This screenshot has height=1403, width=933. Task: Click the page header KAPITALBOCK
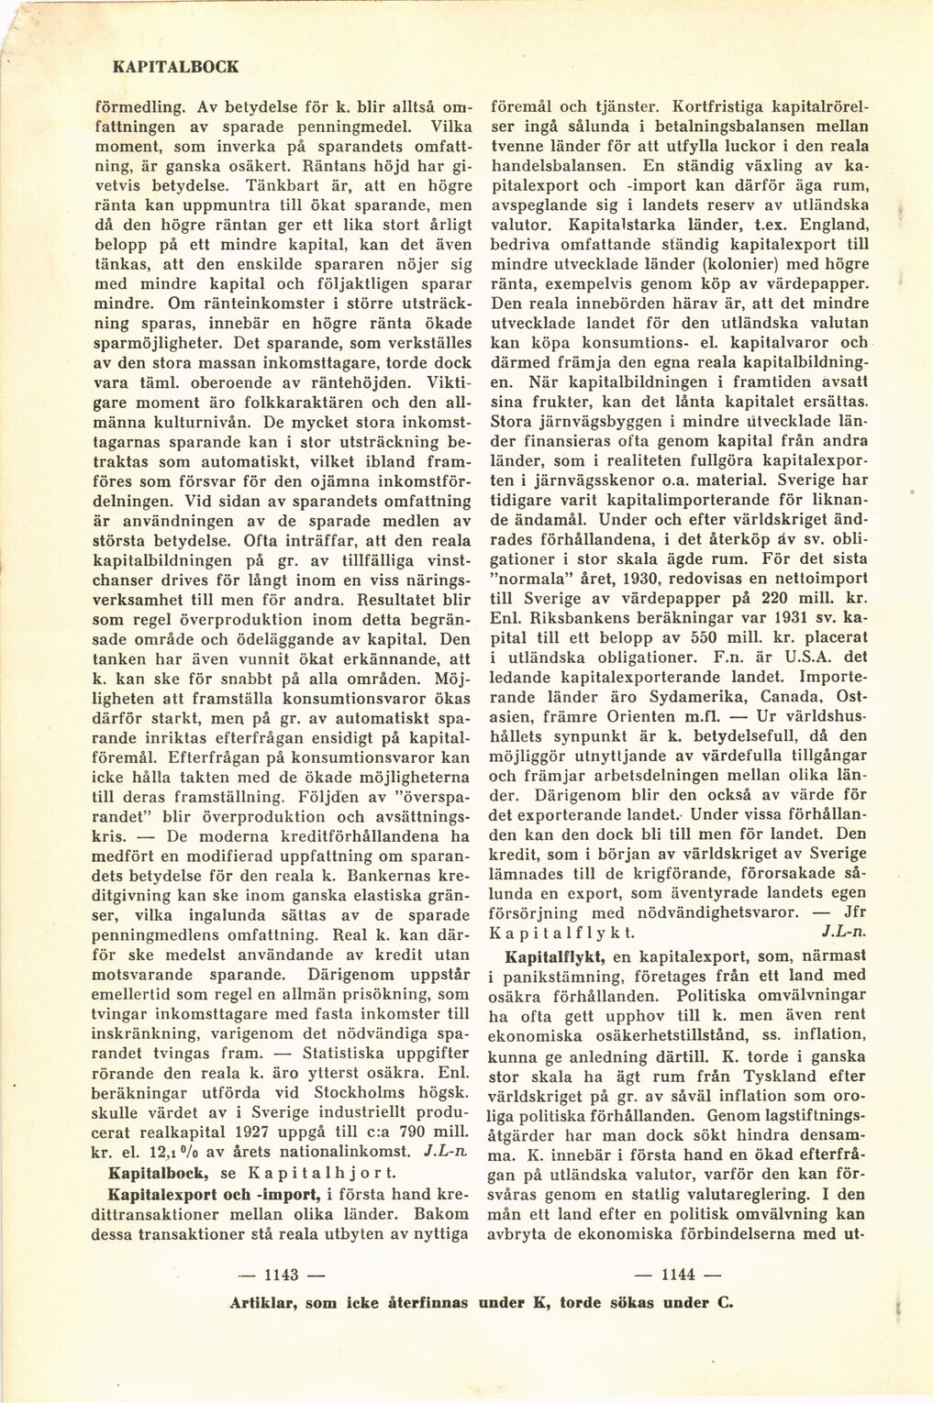pyautogui.click(x=174, y=67)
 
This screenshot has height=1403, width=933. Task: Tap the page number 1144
pyautogui.click(x=678, y=1273)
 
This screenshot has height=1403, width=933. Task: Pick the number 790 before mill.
pyautogui.click(x=400, y=1132)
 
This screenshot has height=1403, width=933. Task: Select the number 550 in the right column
pyautogui.click(x=705, y=638)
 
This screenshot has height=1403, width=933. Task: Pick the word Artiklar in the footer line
pyautogui.click(x=263, y=1303)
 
